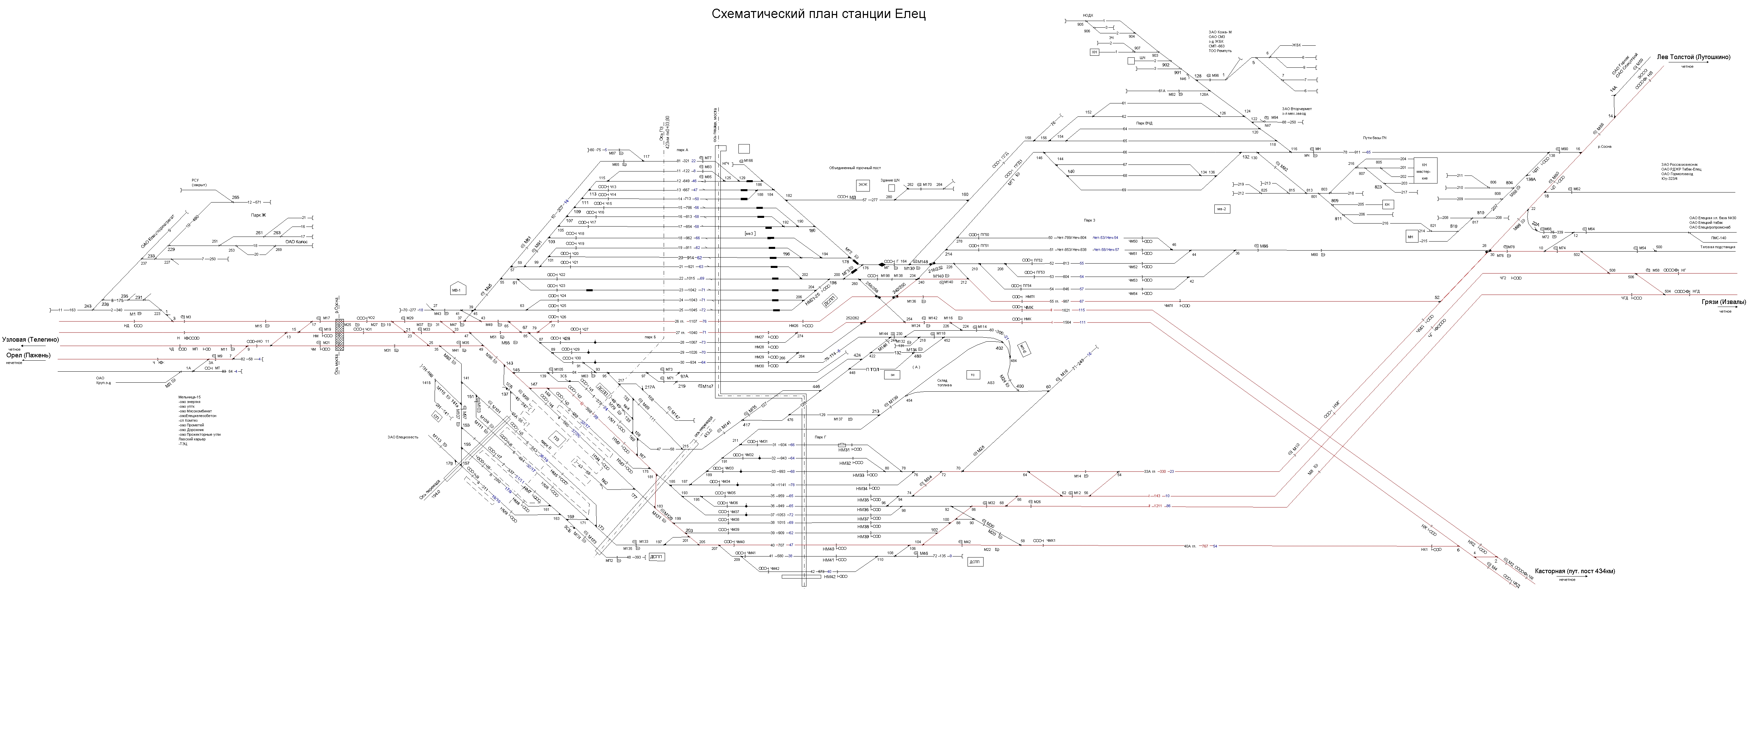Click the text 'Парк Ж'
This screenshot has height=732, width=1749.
point(258,215)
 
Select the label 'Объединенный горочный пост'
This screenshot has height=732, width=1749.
point(854,167)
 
